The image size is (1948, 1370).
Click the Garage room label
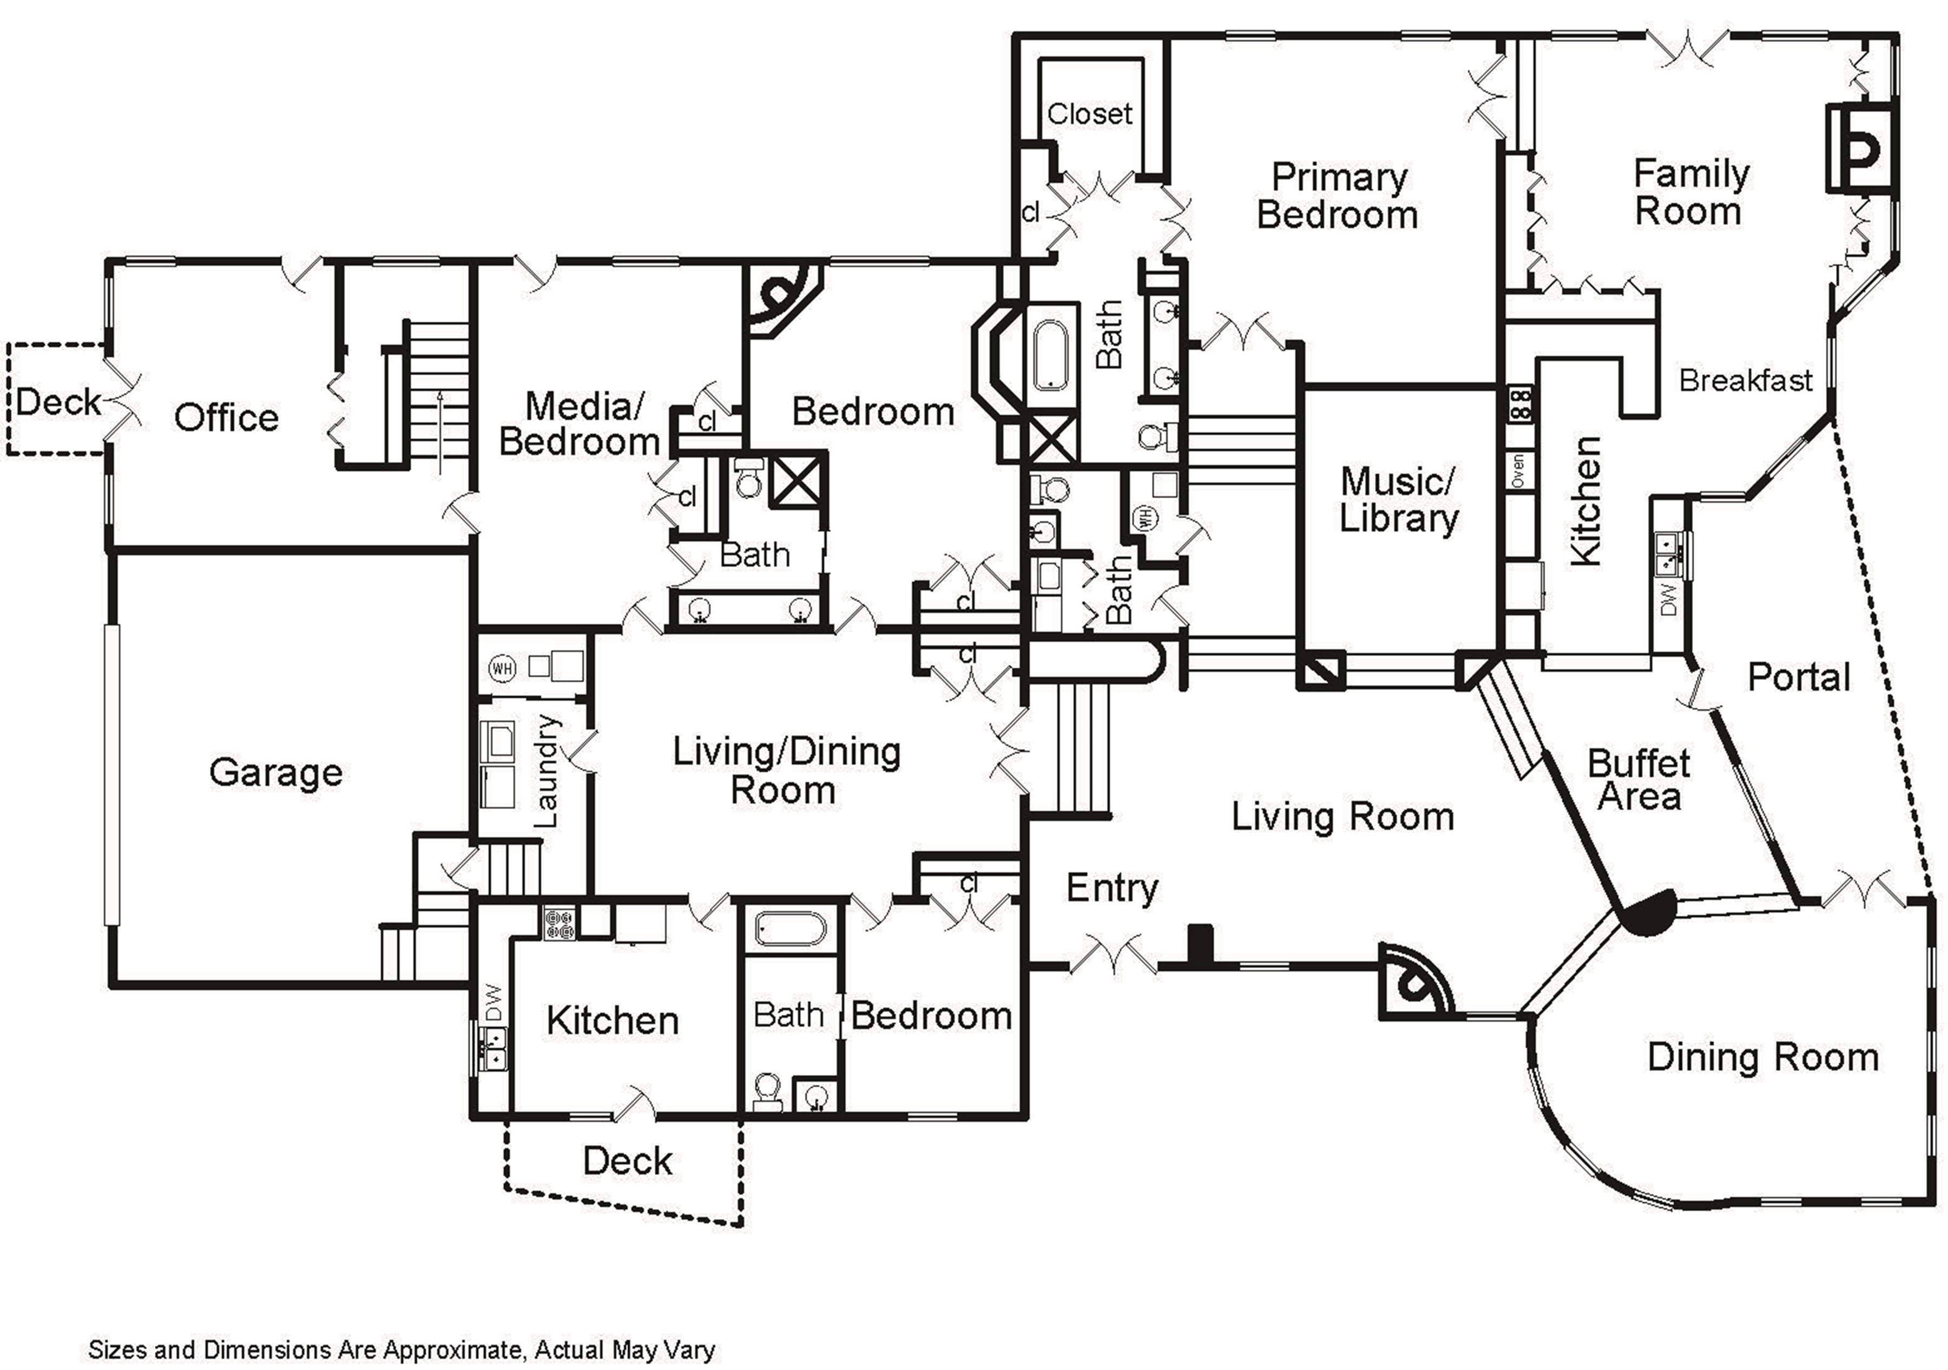[x=276, y=772]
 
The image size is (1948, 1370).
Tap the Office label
[x=227, y=417]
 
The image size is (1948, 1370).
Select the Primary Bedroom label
[x=1338, y=196]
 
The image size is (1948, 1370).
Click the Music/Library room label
[x=1398, y=500]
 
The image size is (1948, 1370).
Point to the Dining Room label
[x=1763, y=1058]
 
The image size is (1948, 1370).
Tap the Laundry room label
[x=547, y=771]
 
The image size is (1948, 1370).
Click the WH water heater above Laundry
[x=502, y=668]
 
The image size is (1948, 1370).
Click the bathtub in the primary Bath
[x=1051, y=355]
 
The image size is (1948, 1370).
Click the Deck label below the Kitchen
[x=627, y=1161]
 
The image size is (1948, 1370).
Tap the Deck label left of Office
[x=58, y=401]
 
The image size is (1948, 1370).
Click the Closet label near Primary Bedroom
[x=1089, y=114]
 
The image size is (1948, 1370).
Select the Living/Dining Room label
[x=786, y=771]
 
